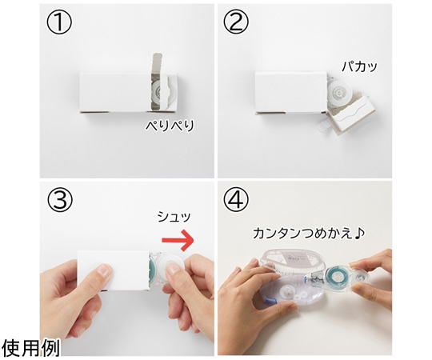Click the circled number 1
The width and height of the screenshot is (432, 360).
pyautogui.click(x=59, y=23)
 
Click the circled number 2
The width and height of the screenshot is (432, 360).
pyautogui.click(x=235, y=23)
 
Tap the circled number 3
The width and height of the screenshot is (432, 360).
pyautogui.click(x=60, y=200)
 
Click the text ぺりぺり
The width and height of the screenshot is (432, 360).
pyautogui.click(x=170, y=126)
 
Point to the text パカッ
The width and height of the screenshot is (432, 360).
pyautogui.click(x=359, y=66)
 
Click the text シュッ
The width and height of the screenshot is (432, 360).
pyautogui.click(x=174, y=217)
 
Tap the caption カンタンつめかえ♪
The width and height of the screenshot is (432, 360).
pyautogui.click(x=309, y=234)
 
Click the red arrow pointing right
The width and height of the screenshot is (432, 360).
pyautogui.click(x=178, y=240)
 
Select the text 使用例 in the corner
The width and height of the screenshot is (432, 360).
pyautogui.click(x=30, y=348)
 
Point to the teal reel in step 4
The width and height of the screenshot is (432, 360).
pyautogui.click(x=335, y=277)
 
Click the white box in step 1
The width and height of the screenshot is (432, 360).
pyautogui.click(x=129, y=92)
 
